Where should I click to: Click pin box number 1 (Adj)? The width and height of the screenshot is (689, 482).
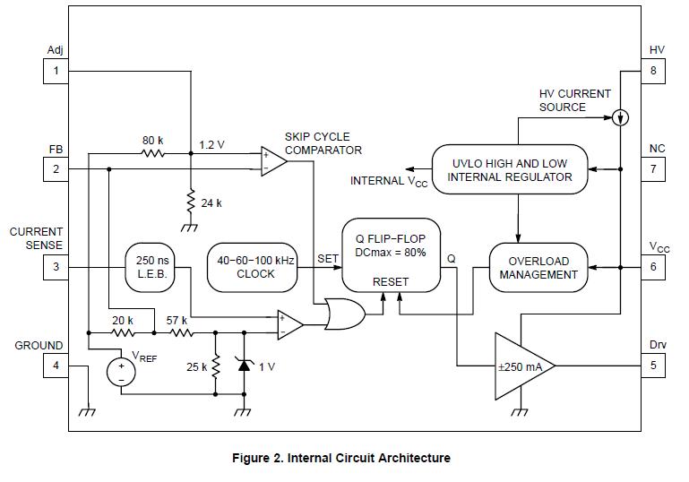tap(56, 71)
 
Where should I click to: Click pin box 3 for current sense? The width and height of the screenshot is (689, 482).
tap(56, 267)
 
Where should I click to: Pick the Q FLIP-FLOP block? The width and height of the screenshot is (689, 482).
tap(391, 260)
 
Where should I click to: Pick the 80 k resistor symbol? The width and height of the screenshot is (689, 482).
tap(154, 153)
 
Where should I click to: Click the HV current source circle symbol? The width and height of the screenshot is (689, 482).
tap(618, 116)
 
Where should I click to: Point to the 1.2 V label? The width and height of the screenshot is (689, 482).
tap(211, 143)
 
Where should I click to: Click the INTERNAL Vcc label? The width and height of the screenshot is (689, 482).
tap(388, 182)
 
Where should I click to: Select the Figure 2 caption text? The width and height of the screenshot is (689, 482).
tap(340, 458)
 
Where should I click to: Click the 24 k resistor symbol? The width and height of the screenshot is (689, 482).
tap(191, 202)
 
